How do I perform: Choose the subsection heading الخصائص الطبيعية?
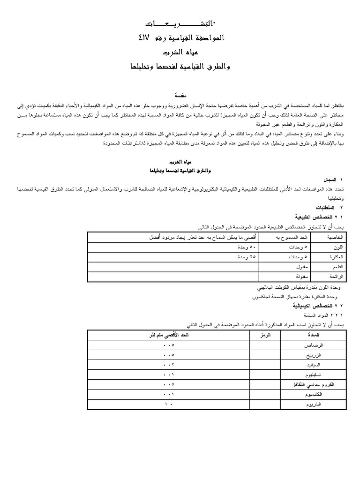pos(315,217)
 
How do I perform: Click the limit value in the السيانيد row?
pos(169,365)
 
